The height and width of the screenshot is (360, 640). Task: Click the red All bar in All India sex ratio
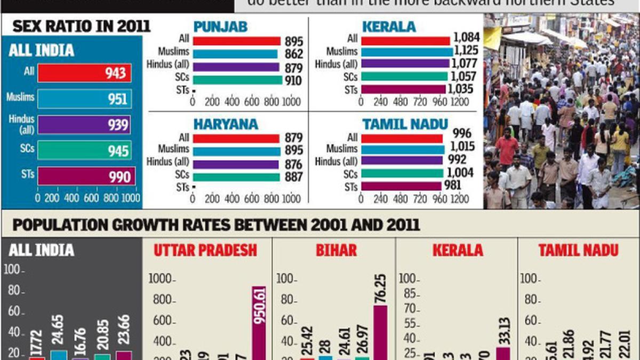[84, 73]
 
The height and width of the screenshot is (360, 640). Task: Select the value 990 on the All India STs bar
[119, 177]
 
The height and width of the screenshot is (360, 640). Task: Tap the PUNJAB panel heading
[220, 27]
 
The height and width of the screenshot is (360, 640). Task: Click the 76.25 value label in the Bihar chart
[381, 289]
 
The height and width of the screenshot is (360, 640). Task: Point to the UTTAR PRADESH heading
[205, 250]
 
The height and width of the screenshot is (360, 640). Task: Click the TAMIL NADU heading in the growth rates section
[578, 250]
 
